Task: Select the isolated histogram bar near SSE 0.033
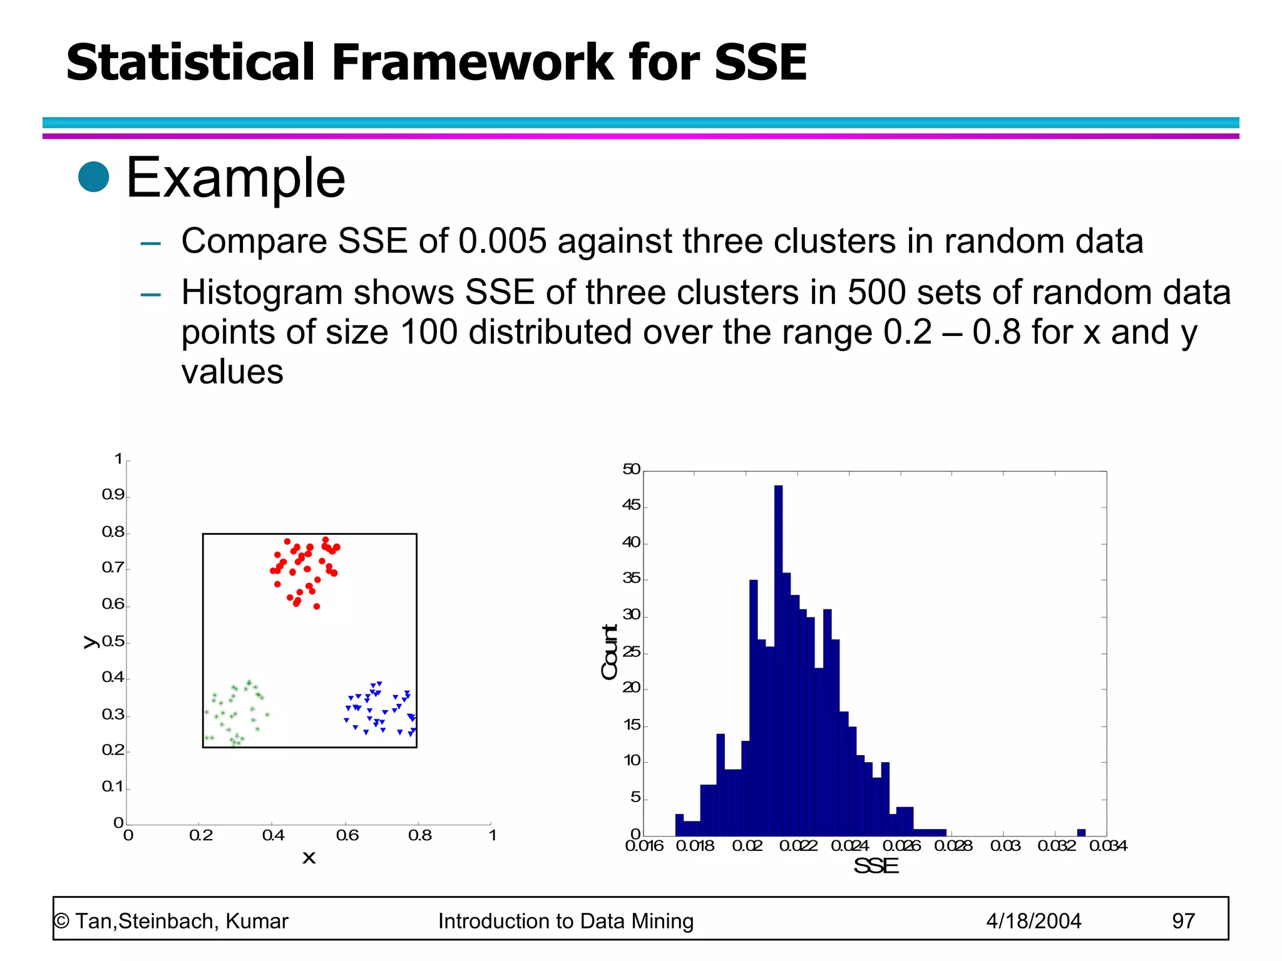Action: tap(1081, 833)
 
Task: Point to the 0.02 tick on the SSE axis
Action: tap(747, 846)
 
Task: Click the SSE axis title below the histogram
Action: tap(876, 866)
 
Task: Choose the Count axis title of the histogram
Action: tap(610, 652)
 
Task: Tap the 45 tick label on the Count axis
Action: tap(631, 506)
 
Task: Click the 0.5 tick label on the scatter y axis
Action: tap(113, 642)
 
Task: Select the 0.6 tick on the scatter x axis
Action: tap(347, 835)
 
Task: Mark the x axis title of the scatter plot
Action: tap(309, 858)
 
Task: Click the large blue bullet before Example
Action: tap(94, 177)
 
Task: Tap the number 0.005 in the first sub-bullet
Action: tap(502, 241)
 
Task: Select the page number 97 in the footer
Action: tap(1183, 921)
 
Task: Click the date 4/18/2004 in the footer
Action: tap(1033, 921)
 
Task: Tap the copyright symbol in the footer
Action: tap(61, 921)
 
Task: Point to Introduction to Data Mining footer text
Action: tap(565, 921)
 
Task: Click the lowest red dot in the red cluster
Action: tap(317, 606)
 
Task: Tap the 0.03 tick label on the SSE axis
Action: tap(1005, 846)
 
